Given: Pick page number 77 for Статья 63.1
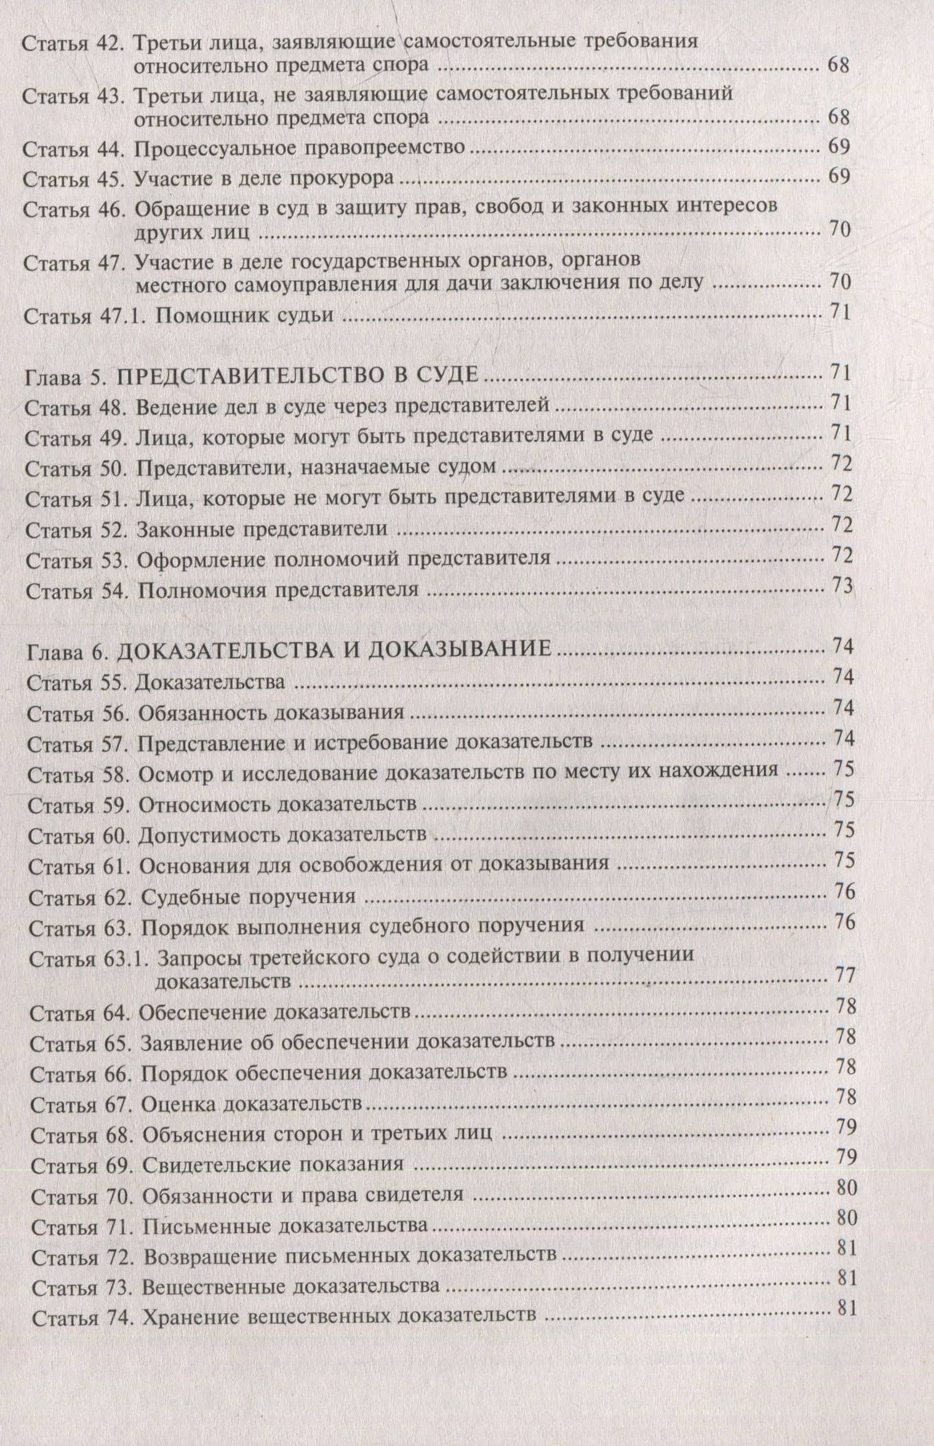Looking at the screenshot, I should click(844, 975).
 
